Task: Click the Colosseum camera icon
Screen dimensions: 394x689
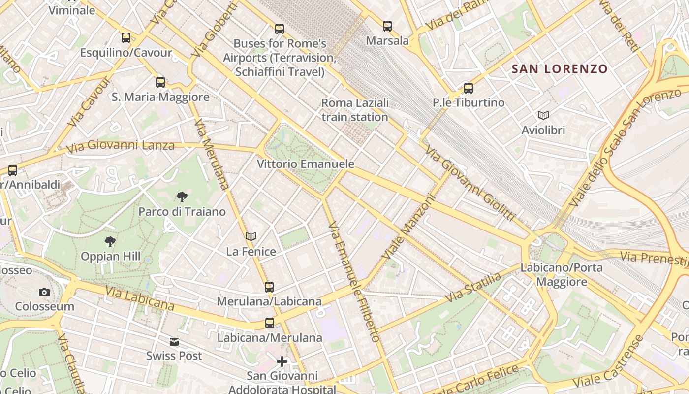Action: tap(44, 292)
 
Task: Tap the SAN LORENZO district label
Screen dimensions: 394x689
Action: tap(560, 69)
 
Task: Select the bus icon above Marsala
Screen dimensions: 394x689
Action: tap(387, 26)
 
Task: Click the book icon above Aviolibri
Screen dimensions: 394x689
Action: tap(543, 115)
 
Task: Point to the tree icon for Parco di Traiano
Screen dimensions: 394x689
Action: tap(182, 197)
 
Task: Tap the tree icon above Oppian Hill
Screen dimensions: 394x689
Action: tap(110, 241)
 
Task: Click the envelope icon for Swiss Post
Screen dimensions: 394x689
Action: tap(174, 341)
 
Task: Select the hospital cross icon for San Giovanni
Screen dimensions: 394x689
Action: tap(282, 362)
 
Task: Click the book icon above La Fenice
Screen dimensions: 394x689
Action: tap(251, 237)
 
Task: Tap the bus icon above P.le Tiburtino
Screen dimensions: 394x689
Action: tap(469, 88)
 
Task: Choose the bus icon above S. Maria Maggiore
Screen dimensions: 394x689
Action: tap(160, 82)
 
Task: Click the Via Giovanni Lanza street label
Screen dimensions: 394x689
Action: tap(121, 146)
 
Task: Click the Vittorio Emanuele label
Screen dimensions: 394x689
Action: tap(306, 164)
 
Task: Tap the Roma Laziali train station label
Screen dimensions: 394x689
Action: tap(355, 110)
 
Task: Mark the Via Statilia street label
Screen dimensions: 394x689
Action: tap(473, 288)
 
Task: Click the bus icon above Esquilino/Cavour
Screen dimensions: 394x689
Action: tap(126, 38)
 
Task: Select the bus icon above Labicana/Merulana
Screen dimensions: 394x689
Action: tap(270, 323)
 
